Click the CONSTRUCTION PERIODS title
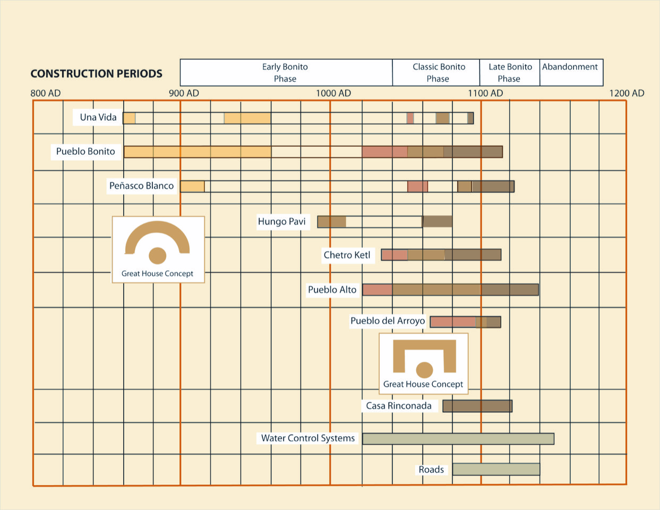pos(96,74)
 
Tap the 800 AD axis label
pos(46,93)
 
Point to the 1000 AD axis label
pos(333,93)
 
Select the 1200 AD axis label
pos(627,93)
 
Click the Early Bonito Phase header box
pos(286,73)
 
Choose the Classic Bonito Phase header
pos(438,73)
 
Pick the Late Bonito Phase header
pos(510,73)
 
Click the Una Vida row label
pos(98,117)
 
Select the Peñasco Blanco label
pos(141,186)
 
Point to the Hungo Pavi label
pos(281,222)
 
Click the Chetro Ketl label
pos(347,255)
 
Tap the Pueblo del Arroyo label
pos(388,321)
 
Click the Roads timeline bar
pos(496,470)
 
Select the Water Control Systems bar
pos(458,439)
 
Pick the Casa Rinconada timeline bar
pos(477,406)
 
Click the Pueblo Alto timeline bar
pos(450,290)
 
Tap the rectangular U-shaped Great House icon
pos(424,357)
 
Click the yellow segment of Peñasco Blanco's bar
pos(192,186)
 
